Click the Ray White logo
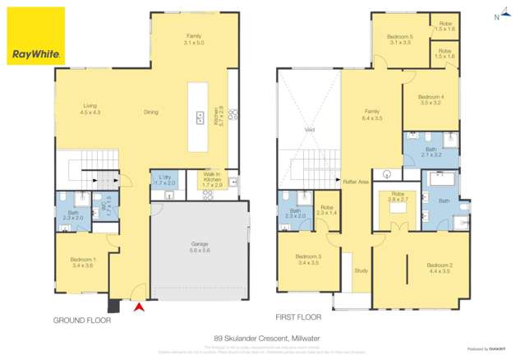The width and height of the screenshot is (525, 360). (x=35, y=36)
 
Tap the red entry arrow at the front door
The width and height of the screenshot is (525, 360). (x=139, y=307)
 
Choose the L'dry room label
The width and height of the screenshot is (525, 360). (x=164, y=181)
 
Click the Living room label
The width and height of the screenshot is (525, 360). (x=90, y=108)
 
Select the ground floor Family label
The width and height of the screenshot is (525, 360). (x=194, y=39)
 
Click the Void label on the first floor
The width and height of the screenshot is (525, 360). (x=310, y=129)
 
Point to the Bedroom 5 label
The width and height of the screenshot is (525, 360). (x=400, y=39)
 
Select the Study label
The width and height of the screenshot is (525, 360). (x=361, y=270)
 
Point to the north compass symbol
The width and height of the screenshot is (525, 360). (x=499, y=16)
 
